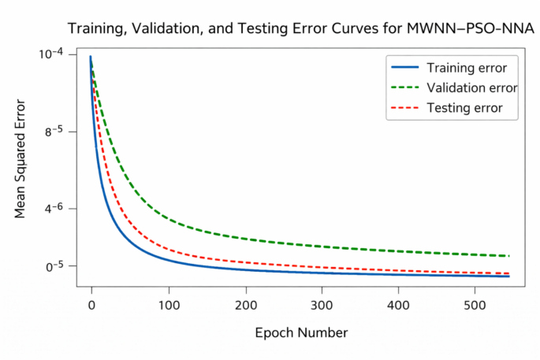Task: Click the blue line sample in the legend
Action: [404, 66]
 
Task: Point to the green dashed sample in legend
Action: [404, 87]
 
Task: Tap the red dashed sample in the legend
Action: [404, 107]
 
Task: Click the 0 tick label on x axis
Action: [91, 303]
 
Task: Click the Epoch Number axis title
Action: [300, 332]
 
